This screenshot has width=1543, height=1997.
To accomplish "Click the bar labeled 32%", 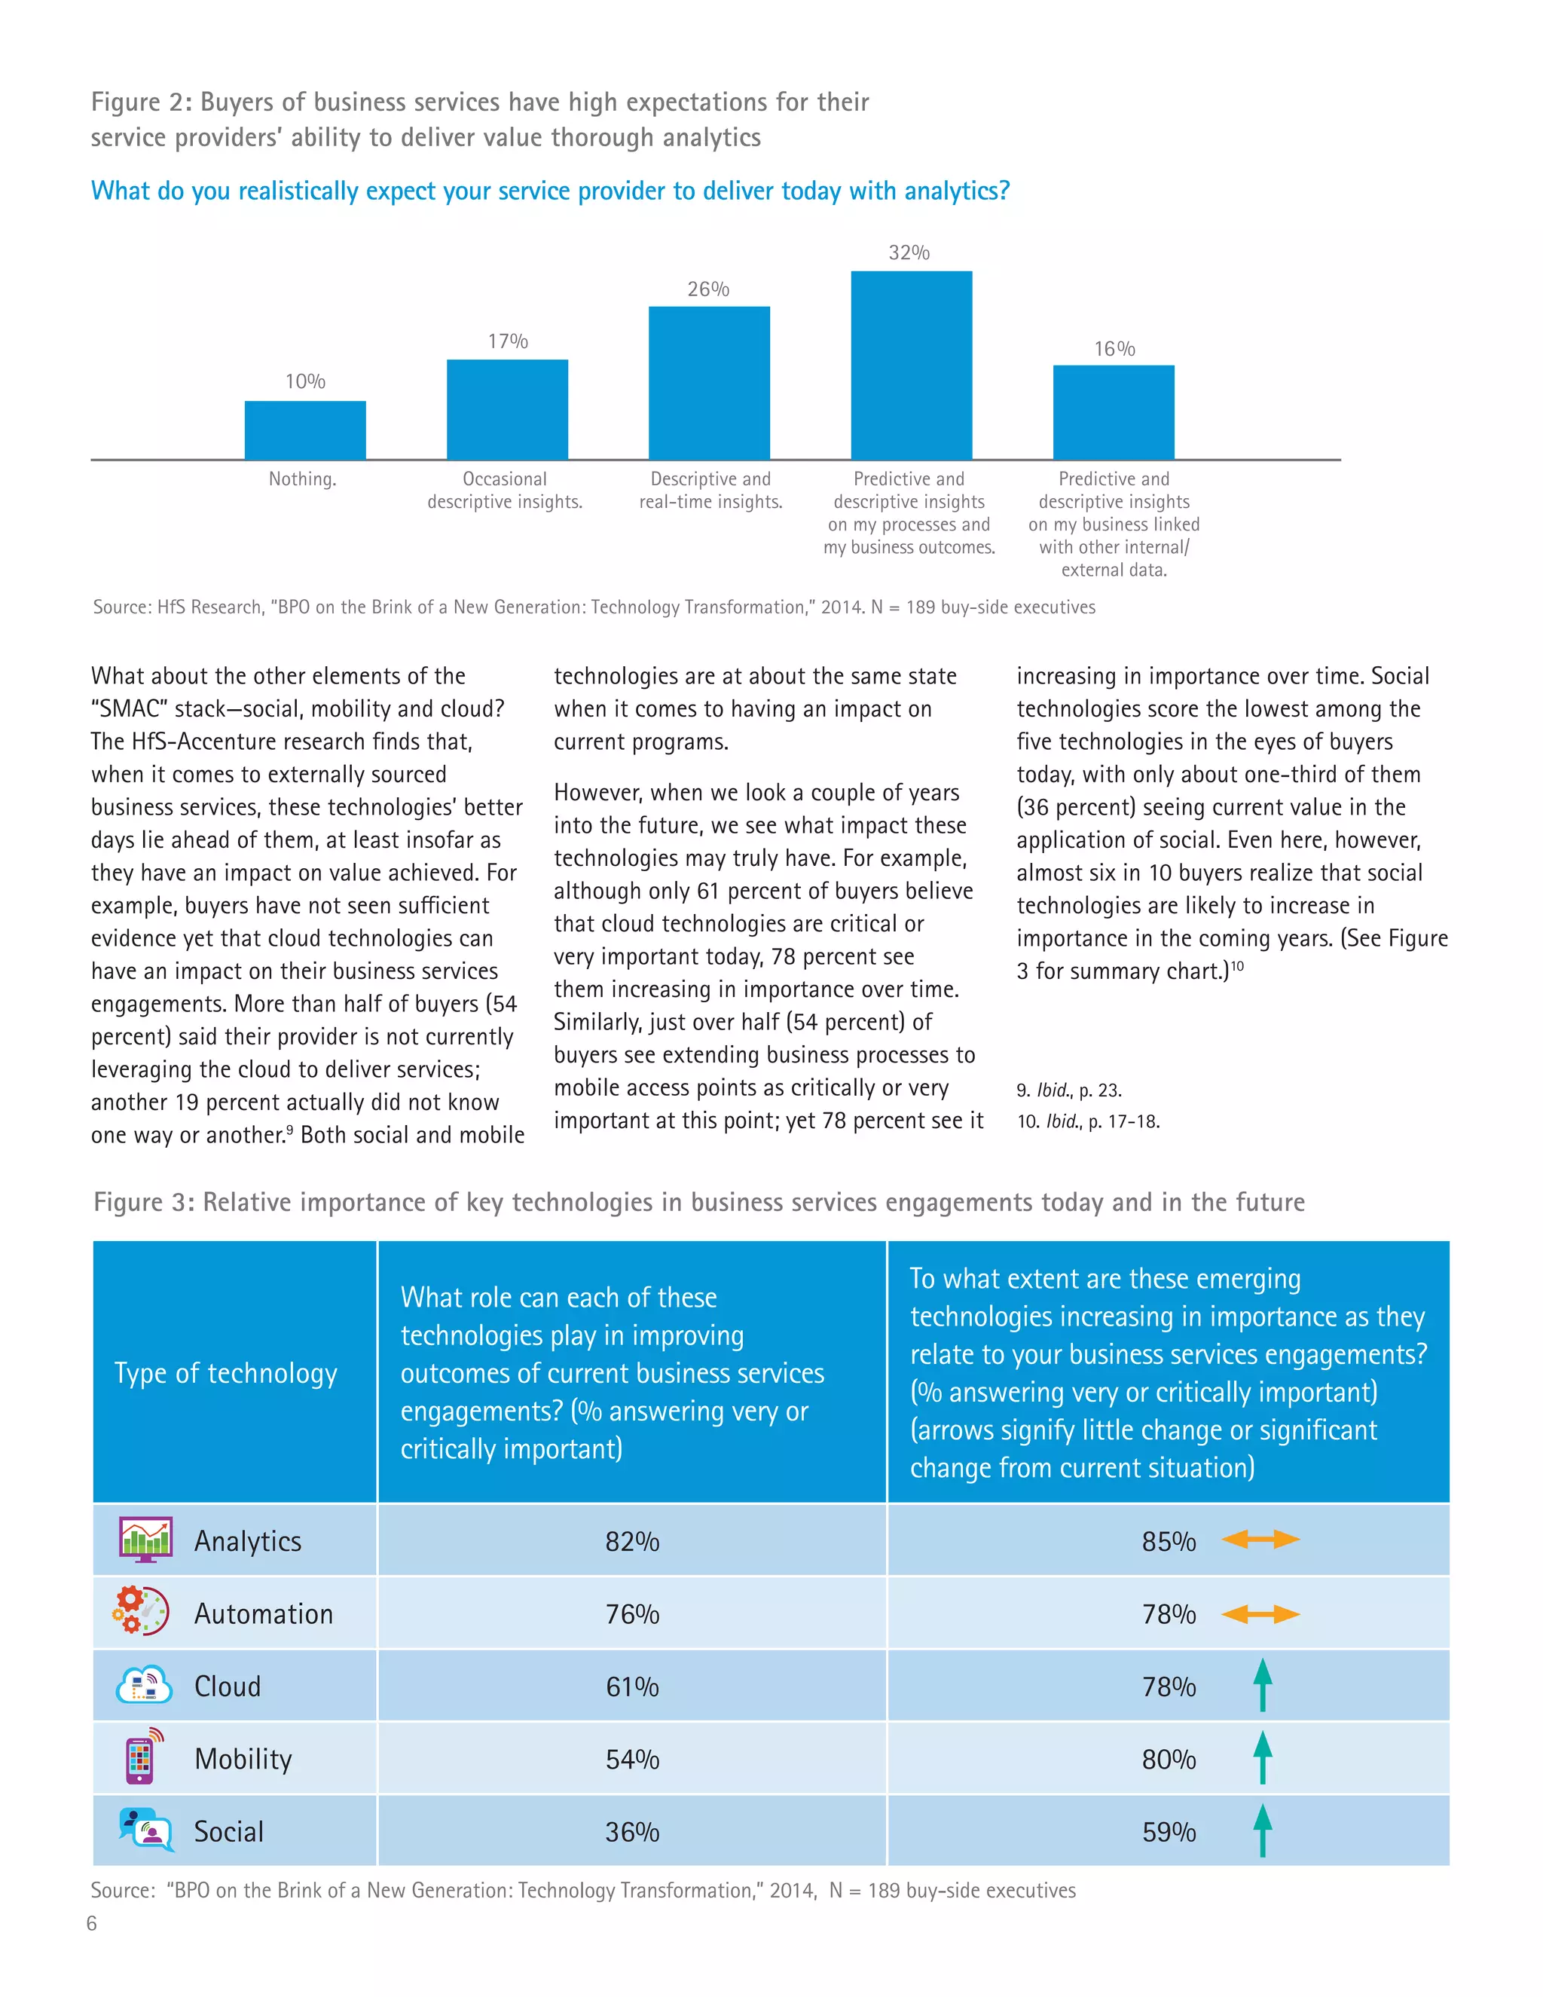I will tap(912, 365).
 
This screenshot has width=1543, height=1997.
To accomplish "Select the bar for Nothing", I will tap(305, 430).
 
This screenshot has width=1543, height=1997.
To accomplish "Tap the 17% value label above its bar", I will tap(507, 341).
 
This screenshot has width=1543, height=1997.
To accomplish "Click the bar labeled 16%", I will tap(1114, 411).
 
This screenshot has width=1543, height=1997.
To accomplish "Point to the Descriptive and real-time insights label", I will tap(710, 490).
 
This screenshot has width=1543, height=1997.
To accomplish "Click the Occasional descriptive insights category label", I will tap(505, 490).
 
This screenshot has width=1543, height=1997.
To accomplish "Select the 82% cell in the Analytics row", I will tap(631, 1542).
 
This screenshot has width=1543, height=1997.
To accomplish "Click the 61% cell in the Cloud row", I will tap(631, 1686).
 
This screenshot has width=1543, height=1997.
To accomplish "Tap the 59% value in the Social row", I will tap(1169, 1831).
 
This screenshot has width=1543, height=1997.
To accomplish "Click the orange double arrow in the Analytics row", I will tap(1260, 1540).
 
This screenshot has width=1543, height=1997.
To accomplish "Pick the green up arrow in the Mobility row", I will tap(1263, 1757).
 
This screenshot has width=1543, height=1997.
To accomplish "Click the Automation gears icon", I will tap(141, 1611).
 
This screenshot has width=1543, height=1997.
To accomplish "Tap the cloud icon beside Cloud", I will tap(143, 1684).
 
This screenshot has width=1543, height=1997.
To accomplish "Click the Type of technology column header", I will tap(226, 1372).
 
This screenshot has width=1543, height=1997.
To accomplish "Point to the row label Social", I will tap(228, 1831).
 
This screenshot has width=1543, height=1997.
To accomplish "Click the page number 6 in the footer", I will tap(91, 1923).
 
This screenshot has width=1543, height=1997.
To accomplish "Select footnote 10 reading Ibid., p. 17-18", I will tap(1088, 1121).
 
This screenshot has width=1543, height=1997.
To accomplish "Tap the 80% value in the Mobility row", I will tap(1169, 1760).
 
